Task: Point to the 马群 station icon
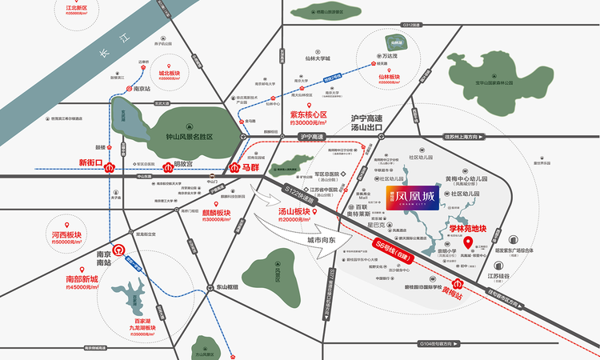click(x=234, y=170)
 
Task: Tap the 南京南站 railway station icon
click(x=117, y=250)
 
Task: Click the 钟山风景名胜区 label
click(x=198, y=137)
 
